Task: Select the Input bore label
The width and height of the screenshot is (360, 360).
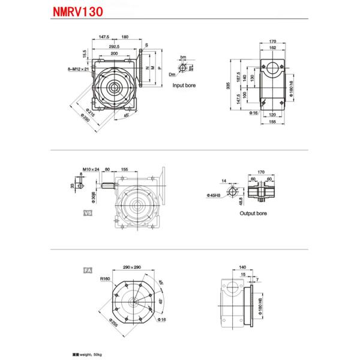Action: [184, 86]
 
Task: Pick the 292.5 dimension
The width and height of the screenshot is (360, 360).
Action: [114, 46]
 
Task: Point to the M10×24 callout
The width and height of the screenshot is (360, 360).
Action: [91, 170]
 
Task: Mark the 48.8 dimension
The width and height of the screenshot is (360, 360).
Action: [241, 205]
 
